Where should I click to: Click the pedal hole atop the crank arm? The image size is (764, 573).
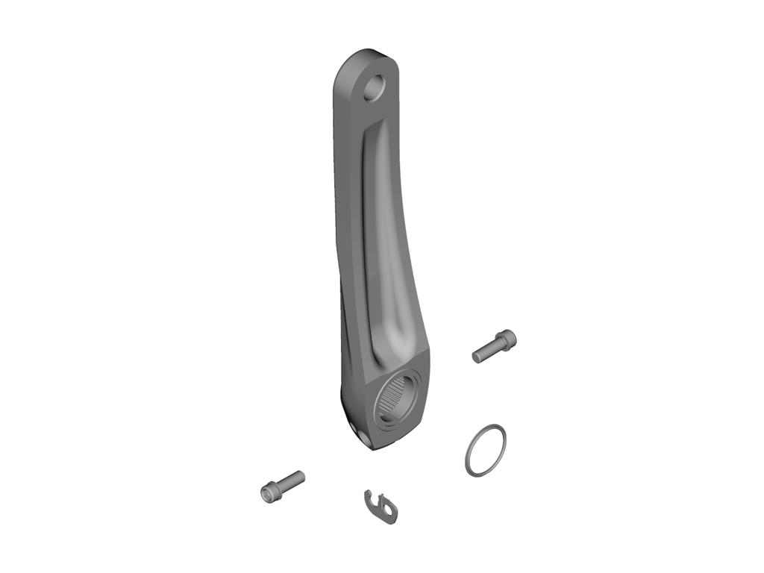(376, 87)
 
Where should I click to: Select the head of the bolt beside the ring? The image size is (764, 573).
(508, 340)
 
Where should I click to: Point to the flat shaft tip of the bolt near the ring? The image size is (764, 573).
(476, 357)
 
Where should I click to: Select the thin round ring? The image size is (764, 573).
(485, 449)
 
